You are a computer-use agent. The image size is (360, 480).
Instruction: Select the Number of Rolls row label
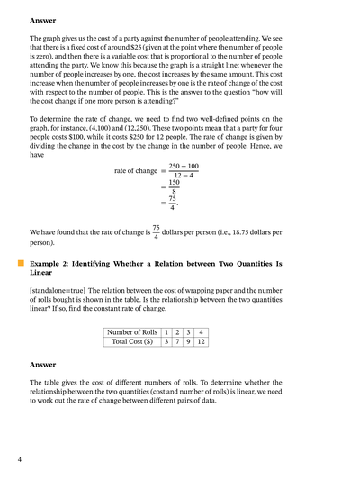132,332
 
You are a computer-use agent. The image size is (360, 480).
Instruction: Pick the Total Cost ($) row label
132,343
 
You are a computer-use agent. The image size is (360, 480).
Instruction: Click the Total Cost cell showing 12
202,343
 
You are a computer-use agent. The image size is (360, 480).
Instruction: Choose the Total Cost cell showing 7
178,343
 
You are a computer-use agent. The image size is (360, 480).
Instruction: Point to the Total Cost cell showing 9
189,343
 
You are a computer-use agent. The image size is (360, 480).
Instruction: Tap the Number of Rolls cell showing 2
178,332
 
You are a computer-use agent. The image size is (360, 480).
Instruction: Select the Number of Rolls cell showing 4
202,332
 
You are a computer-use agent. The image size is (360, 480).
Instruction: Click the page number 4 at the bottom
20,460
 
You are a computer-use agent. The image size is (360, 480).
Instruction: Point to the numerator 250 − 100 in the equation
184,166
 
